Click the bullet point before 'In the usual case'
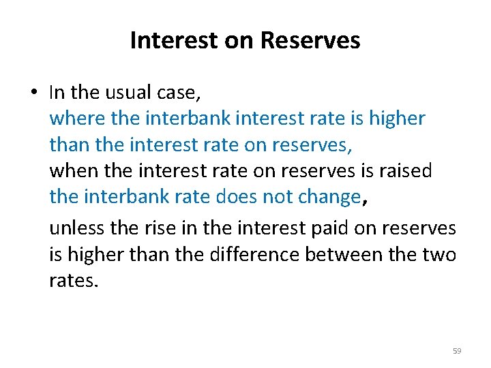[35, 91]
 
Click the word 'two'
[440, 254]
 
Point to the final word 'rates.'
[74, 281]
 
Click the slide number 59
[457, 351]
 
